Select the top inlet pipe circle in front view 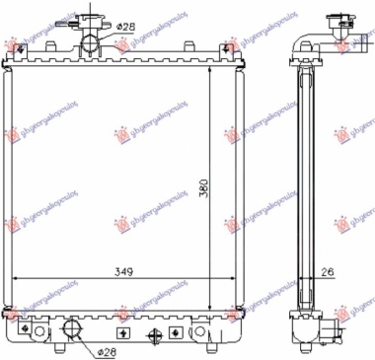(x=92, y=45)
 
